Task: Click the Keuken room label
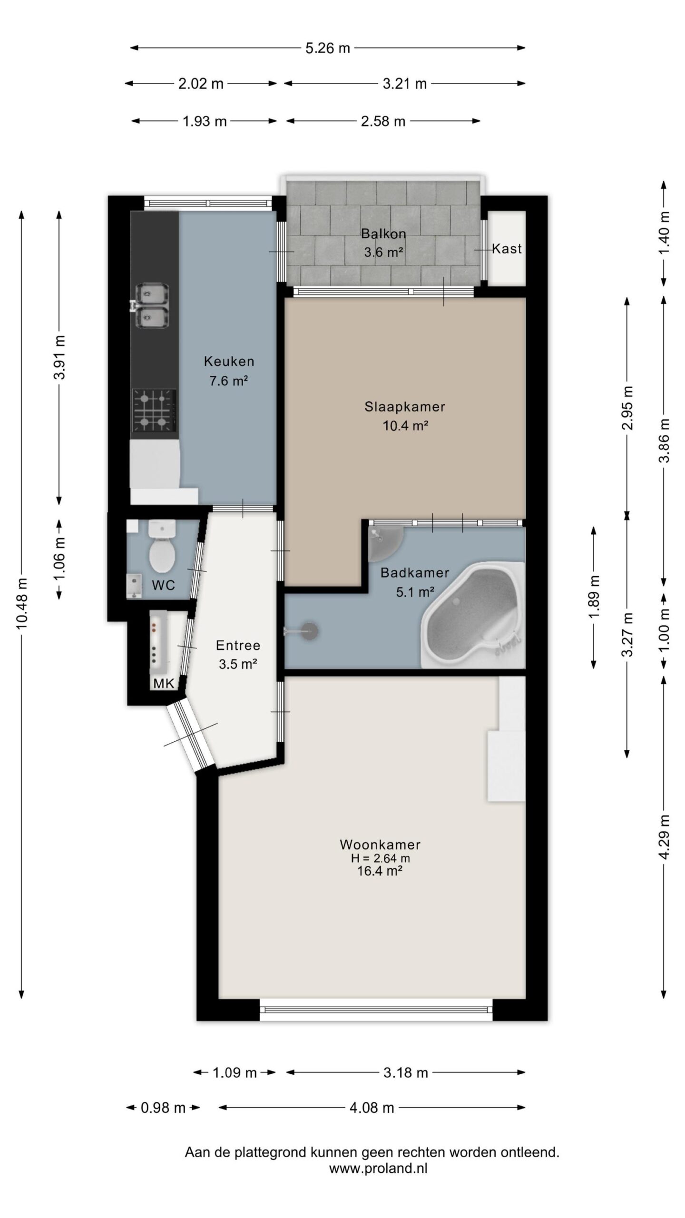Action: [x=229, y=361]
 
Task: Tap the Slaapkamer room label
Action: [x=405, y=407]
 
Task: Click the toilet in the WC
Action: [x=162, y=546]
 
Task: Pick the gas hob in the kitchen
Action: [x=154, y=411]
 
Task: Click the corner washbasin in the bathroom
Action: [x=385, y=542]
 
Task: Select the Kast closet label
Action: [x=507, y=248]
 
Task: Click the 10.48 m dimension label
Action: [x=22, y=603]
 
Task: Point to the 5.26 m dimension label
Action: [x=328, y=48]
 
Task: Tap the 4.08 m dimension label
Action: [x=372, y=1108]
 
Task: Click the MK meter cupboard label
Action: [x=164, y=684]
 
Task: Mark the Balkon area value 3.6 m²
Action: [x=384, y=252]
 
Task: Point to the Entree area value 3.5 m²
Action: [x=238, y=664]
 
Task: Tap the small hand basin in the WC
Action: [x=135, y=585]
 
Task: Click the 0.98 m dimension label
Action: [x=163, y=1108]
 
